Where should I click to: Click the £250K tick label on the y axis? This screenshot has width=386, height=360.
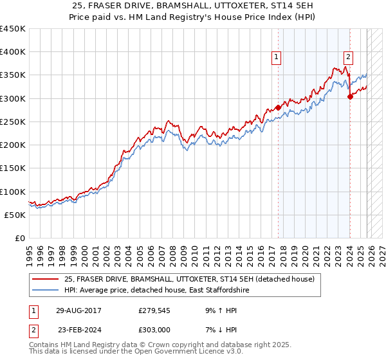point(13,122)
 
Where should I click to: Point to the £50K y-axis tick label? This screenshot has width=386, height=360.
point(15,215)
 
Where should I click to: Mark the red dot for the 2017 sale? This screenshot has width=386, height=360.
point(278,107)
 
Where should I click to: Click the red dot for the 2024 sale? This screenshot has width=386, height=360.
point(350,97)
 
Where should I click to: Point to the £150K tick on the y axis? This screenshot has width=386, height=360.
point(13,168)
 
